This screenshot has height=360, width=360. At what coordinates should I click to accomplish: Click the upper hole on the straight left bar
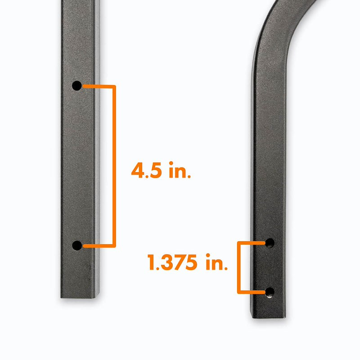77,85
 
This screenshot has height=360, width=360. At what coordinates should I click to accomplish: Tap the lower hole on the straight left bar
77,246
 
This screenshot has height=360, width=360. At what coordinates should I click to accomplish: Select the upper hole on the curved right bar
270,243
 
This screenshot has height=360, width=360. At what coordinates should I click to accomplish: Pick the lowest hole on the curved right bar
270,292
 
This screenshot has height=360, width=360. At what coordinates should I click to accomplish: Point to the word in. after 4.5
179,172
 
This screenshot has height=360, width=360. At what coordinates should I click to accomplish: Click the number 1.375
172,262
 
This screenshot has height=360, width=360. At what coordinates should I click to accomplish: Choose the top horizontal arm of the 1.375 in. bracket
251,243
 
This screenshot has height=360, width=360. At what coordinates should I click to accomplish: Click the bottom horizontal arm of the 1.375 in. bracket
251,292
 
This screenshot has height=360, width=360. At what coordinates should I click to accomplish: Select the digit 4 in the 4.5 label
138,172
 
